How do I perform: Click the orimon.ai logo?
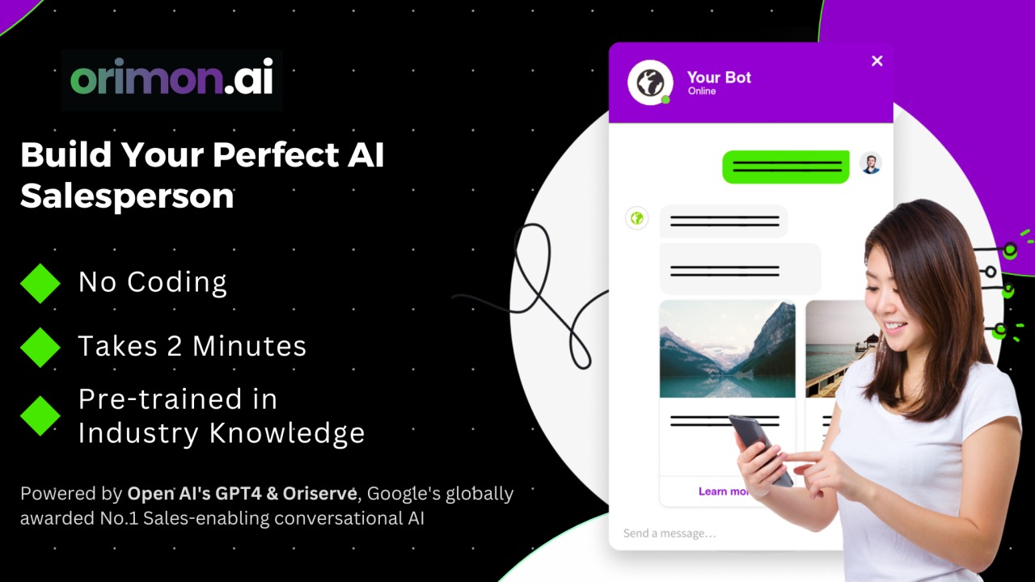point(171,77)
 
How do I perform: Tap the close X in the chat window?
point(877,61)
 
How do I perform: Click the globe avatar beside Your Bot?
point(650,82)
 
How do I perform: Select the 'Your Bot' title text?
point(719,77)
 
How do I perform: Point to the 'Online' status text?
point(702,91)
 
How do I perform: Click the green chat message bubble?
point(786,167)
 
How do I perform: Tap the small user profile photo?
point(871,163)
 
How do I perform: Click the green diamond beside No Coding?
point(40,283)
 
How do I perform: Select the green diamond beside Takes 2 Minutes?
point(40,348)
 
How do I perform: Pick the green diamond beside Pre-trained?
point(40,415)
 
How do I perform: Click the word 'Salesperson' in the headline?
point(127,196)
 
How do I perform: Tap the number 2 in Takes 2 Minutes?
point(174,346)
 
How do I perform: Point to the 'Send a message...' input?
point(670,533)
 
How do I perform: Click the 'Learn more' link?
point(724,491)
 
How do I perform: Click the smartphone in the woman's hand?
point(760,449)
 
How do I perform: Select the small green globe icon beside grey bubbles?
point(636,218)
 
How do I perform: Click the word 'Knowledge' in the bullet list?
point(287,433)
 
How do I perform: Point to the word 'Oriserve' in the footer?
point(319,493)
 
